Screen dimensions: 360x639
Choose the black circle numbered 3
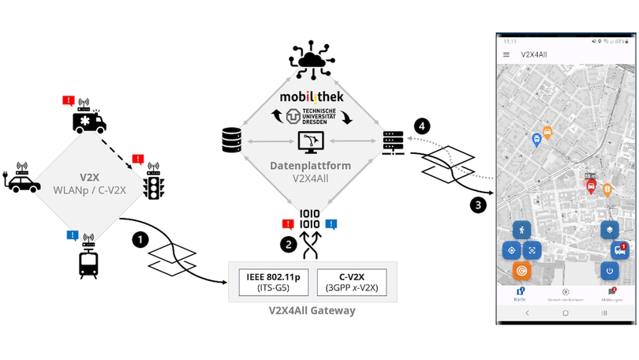click(x=478, y=205)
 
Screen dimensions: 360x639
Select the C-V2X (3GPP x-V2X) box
click(x=353, y=282)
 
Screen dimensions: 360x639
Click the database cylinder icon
click(x=230, y=141)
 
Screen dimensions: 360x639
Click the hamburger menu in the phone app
click(x=506, y=54)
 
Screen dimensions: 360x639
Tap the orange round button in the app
click(x=521, y=272)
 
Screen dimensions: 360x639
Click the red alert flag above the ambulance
click(x=69, y=101)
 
